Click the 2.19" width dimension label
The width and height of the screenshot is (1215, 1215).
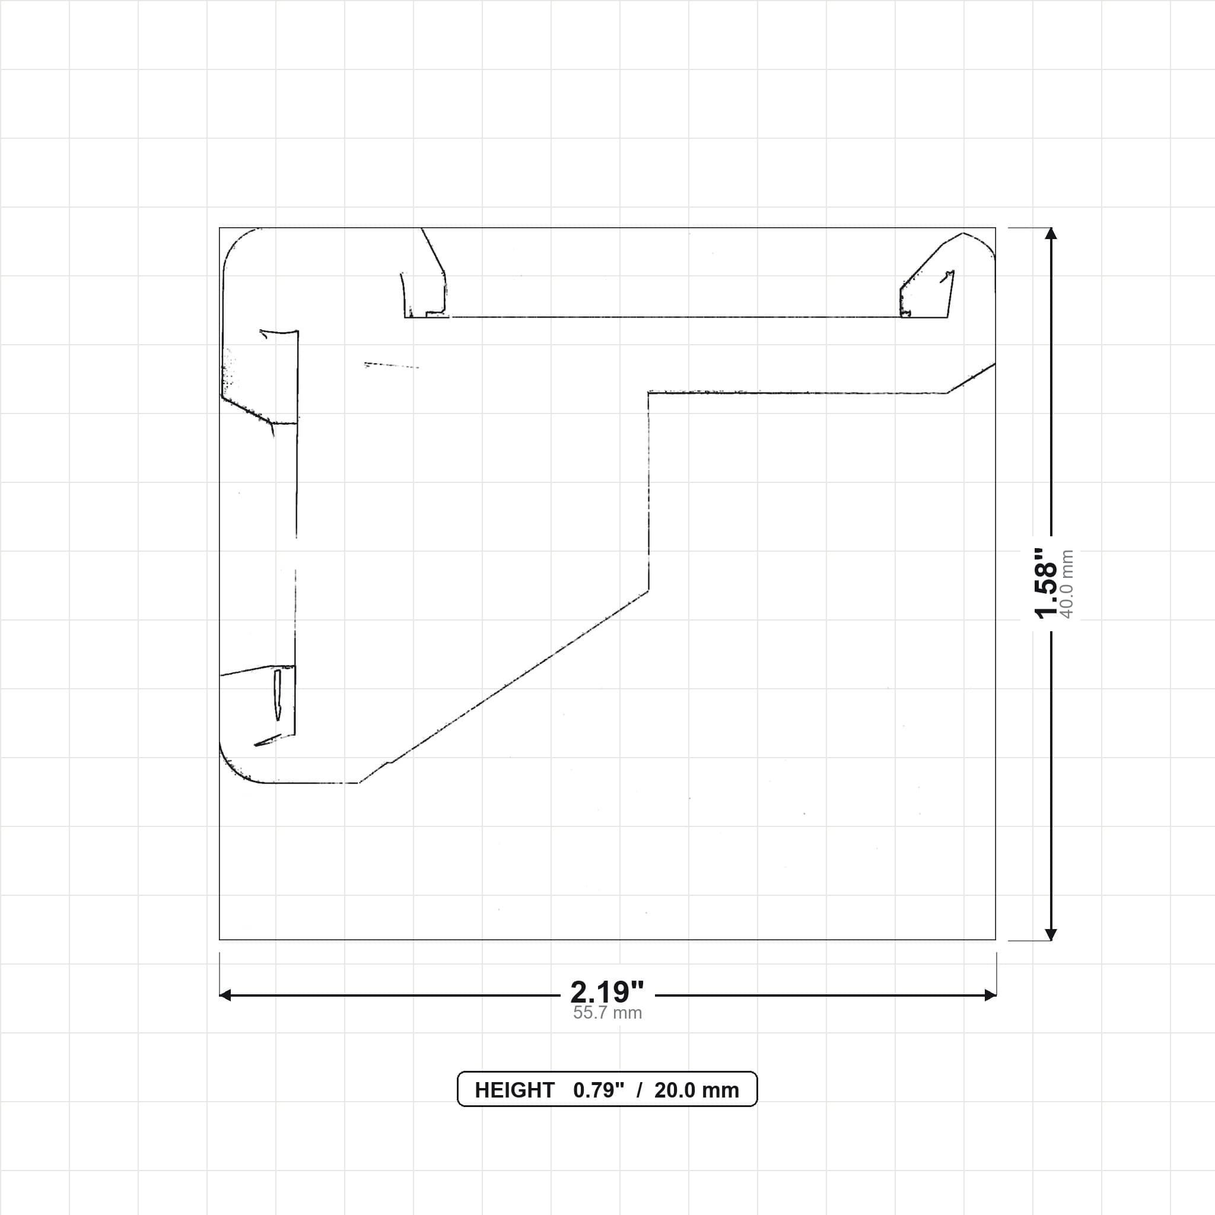pyautogui.click(x=607, y=993)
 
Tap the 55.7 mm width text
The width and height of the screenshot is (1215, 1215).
pyautogui.click(x=607, y=1013)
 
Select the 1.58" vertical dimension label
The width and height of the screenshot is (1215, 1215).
pyautogui.click(x=1046, y=583)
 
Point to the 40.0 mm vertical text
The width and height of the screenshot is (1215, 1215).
pyautogui.click(x=1067, y=584)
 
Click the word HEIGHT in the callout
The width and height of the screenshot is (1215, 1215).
pyautogui.click(x=514, y=1090)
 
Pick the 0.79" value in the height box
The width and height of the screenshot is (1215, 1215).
pyautogui.click(x=599, y=1090)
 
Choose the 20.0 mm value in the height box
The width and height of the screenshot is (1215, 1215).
pyautogui.click(x=697, y=1090)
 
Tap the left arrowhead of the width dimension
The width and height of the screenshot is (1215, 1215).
pyautogui.click(x=224, y=995)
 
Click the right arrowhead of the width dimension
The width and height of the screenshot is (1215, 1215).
pyautogui.click(x=991, y=995)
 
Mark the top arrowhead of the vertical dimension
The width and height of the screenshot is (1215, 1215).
pyautogui.click(x=1051, y=233)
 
